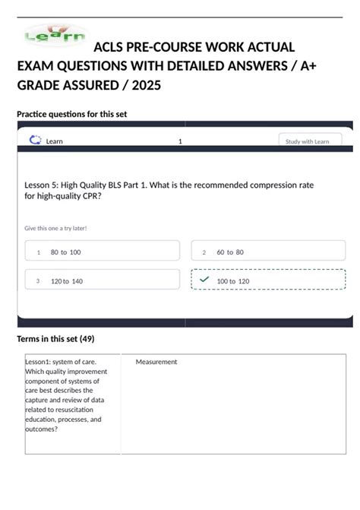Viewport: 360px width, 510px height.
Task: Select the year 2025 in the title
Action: click(x=146, y=85)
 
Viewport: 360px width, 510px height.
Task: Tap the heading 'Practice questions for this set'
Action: click(x=71, y=114)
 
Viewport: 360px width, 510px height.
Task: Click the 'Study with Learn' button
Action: click(x=309, y=141)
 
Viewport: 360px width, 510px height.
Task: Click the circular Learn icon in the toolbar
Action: click(x=34, y=140)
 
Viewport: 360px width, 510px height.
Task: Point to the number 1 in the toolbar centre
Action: click(x=180, y=141)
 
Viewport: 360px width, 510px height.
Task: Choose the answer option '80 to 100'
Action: click(x=65, y=252)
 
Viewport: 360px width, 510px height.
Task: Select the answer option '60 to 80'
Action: click(x=230, y=252)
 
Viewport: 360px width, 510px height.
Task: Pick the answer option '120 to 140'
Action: click(x=67, y=281)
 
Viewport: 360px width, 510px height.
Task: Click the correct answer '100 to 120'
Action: click(x=233, y=281)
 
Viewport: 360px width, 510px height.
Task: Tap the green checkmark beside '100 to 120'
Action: click(x=204, y=280)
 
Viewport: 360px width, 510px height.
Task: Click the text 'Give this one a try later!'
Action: click(x=55, y=227)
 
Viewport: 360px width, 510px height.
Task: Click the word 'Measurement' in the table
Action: click(x=156, y=362)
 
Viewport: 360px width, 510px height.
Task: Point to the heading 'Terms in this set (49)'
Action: click(x=55, y=338)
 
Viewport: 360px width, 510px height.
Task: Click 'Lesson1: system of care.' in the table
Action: click(x=61, y=362)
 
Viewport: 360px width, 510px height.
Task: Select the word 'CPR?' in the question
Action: click(x=90, y=195)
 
